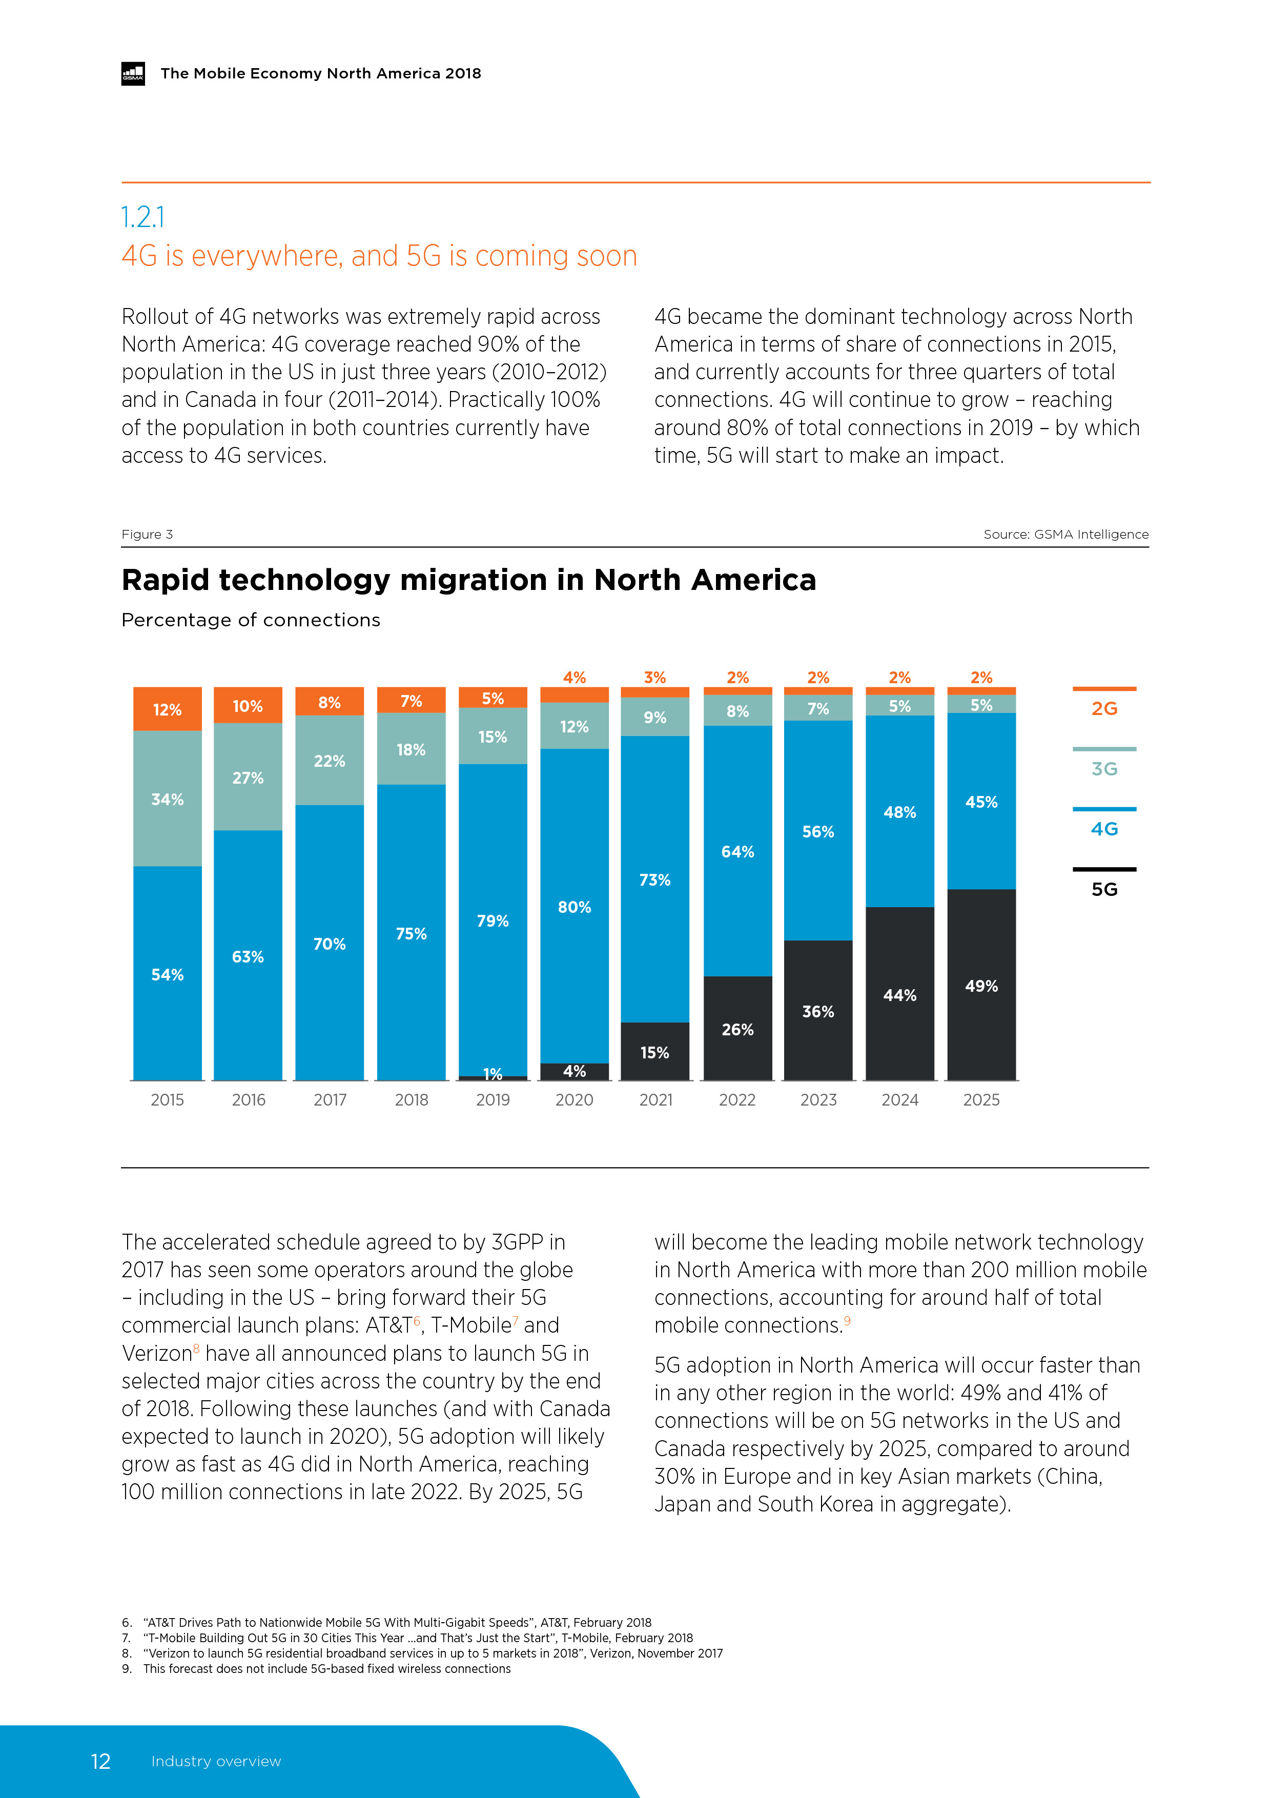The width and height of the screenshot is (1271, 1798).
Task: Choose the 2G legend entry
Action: [1104, 708]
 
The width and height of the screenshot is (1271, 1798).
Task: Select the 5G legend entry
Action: [1104, 889]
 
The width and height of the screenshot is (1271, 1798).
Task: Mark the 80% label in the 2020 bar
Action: [574, 907]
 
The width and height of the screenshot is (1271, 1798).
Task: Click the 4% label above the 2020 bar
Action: [574, 678]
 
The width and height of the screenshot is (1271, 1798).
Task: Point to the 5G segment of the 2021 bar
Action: [654, 1052]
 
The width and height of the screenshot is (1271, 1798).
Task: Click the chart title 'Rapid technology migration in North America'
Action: [468, 580]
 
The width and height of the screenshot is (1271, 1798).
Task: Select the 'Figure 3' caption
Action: [147, 534]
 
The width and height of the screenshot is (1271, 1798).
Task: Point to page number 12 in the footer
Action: [100, 1761]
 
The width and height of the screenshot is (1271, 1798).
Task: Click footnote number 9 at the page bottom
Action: [126, 1669]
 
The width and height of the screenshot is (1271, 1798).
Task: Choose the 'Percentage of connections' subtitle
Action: [251, 620]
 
